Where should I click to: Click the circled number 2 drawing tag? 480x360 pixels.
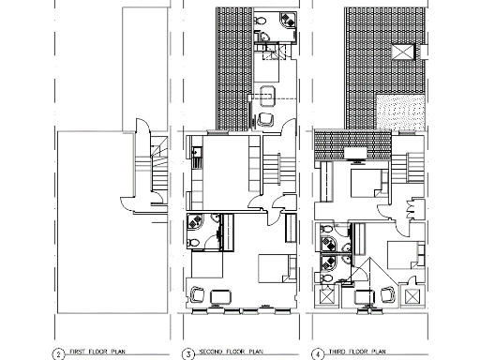click(58, 353)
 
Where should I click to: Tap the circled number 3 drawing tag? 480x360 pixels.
click(187, 353)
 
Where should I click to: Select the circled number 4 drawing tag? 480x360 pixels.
click(318, 353)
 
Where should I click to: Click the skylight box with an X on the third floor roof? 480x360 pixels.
click(404, 52)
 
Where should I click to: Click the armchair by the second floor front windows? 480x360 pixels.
click(198, 293)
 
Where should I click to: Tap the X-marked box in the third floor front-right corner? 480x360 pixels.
click(410, 294)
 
